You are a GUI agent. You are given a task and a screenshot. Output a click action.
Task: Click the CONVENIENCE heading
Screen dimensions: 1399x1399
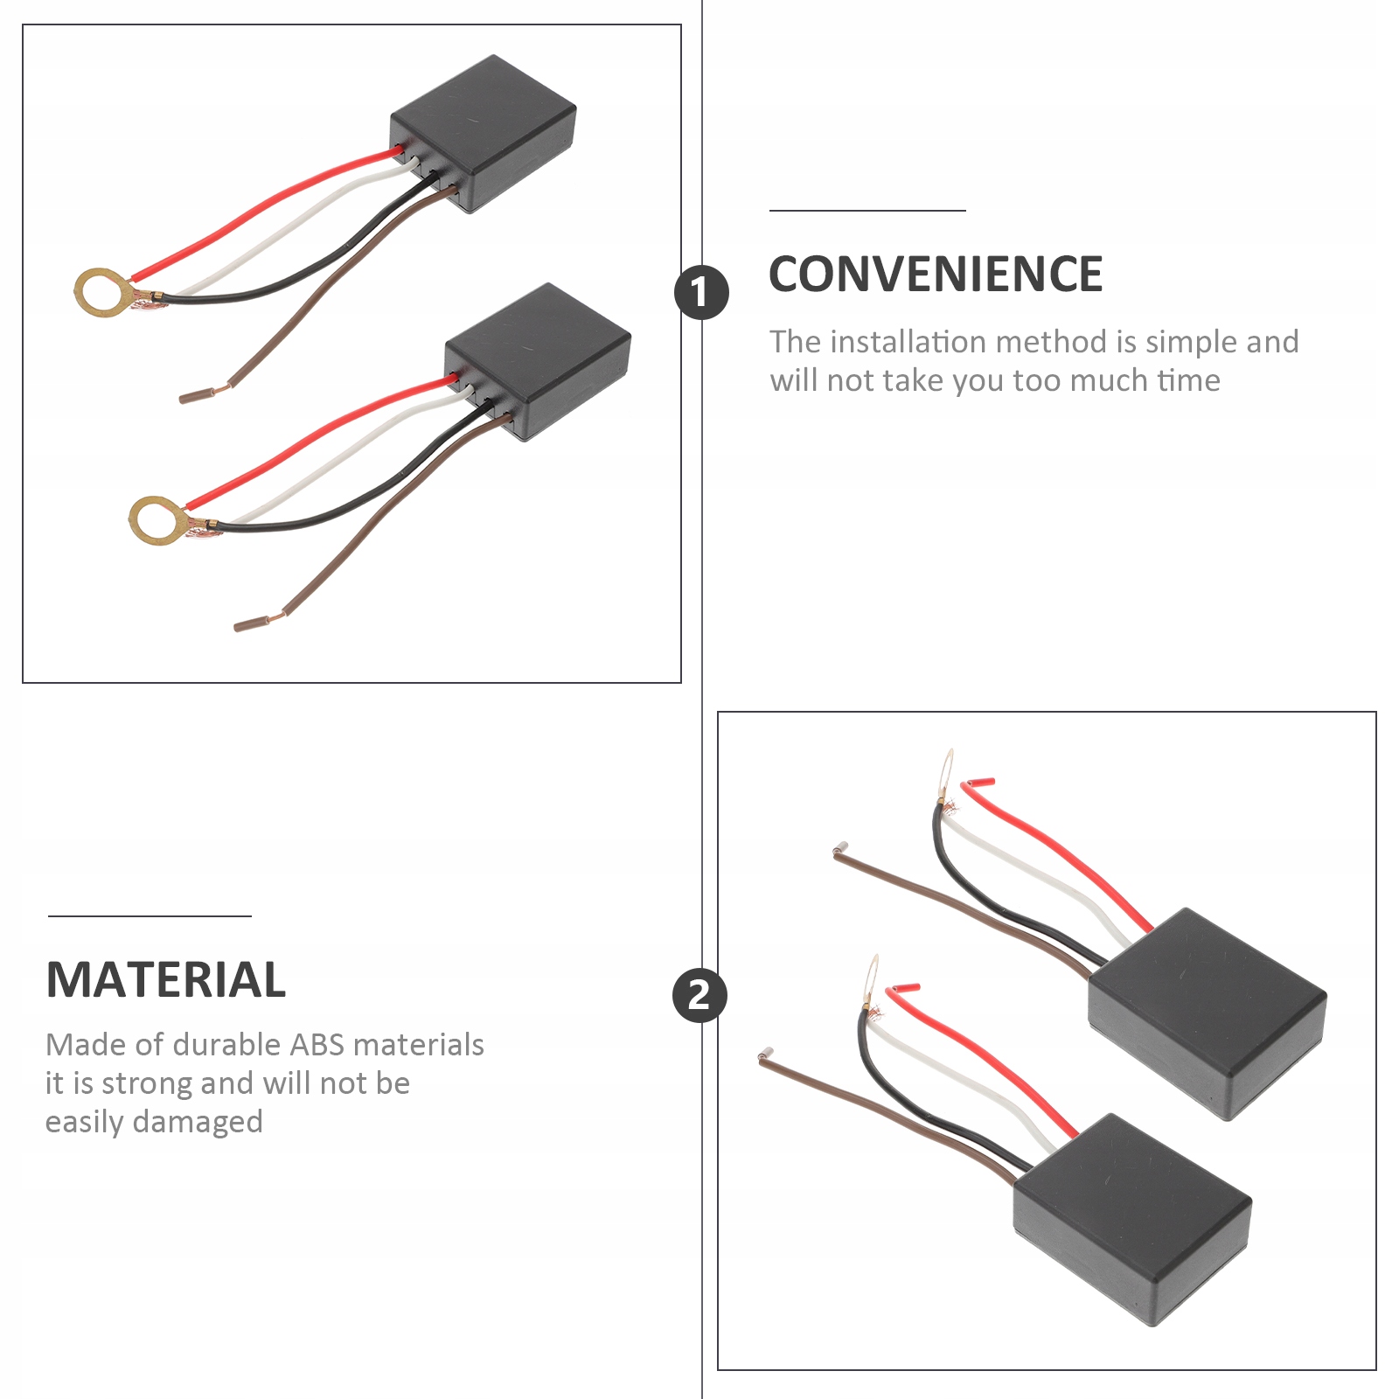(936, 274)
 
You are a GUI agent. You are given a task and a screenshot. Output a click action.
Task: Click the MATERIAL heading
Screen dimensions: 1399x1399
(166, 979)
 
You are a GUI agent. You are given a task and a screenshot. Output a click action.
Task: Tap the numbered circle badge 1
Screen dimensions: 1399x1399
(701, 292)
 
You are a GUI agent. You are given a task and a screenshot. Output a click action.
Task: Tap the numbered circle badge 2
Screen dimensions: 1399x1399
(699, 995)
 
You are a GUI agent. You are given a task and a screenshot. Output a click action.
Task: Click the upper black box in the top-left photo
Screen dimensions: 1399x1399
(484, 133)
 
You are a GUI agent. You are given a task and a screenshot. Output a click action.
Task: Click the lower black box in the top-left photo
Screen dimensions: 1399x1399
(538, 361)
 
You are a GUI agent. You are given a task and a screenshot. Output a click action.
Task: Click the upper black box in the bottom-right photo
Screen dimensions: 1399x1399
(1208, 1013)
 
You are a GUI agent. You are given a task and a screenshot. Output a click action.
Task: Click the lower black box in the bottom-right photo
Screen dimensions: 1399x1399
(1133, 1220)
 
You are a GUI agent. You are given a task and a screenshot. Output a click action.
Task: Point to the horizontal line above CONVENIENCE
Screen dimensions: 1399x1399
(867, 211)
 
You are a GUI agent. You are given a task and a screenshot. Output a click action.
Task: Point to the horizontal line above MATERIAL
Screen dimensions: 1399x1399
(150, 916)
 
